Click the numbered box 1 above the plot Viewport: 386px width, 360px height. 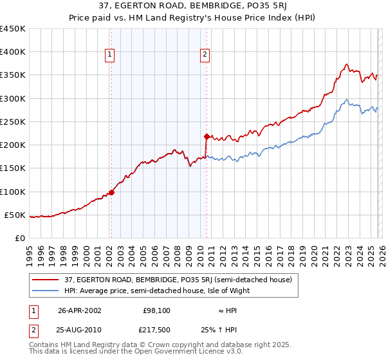[111, 55]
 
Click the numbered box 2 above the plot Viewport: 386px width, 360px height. [205, 55]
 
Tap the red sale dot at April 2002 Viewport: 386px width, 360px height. [111, 192]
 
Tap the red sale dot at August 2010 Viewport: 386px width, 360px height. [207, 136]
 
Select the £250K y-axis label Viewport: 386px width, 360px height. [13, 122]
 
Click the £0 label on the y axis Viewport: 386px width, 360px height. [19, 238]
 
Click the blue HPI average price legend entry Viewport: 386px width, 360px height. [156, 291]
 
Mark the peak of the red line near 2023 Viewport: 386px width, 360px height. [347, 64]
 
